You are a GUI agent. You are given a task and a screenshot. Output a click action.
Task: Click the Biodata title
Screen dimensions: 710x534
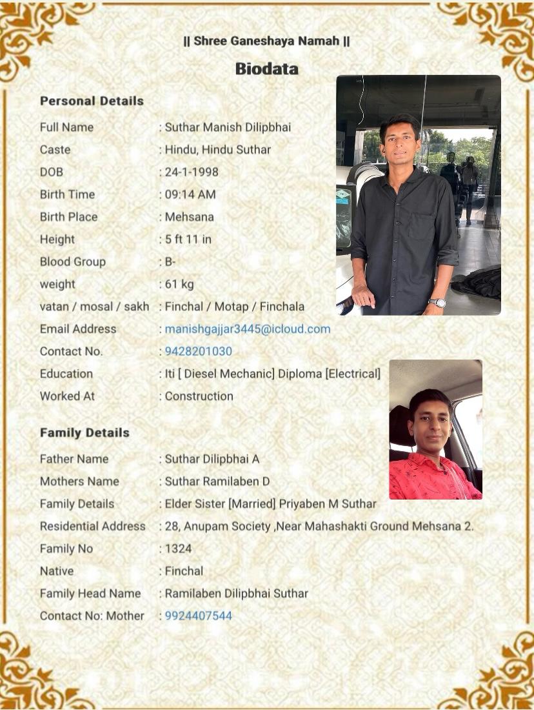[x=266, y=68]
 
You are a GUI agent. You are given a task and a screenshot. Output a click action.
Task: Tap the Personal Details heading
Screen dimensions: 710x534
[x=92, y=101]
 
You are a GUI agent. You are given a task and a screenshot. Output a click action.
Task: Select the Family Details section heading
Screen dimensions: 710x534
[x=84, y=433]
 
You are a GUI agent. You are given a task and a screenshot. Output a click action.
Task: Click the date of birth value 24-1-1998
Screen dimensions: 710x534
[x=192, y=172]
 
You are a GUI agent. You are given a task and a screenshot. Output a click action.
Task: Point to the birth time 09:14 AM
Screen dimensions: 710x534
[x=190, y=195]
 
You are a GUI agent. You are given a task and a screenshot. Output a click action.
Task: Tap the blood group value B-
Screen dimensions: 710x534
[x=170, y=262]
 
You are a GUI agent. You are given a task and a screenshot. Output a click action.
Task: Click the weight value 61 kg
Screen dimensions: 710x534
[x=179, y=284]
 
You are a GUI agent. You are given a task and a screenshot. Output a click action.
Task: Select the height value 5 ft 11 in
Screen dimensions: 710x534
[x=188, y=239]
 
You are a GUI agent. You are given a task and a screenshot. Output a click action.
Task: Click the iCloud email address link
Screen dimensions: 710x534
[x=247, y=329]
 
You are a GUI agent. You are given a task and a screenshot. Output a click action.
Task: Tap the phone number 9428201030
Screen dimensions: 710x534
[x=198, y=352]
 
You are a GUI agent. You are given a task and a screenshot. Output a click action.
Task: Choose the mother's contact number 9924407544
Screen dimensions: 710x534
[x=198, y=616]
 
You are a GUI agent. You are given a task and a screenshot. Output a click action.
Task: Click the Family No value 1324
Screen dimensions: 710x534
[x=178, y=549]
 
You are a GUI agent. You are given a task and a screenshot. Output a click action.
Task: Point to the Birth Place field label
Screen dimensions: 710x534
[x=68, y=217]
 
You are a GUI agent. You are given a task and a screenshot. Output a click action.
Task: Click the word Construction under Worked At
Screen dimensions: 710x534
[x=199, y=396]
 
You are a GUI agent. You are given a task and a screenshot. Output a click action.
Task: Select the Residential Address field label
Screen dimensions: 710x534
[x=92, y=527]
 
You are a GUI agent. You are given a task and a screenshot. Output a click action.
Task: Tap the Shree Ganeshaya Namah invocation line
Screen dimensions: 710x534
[x=266, y=41]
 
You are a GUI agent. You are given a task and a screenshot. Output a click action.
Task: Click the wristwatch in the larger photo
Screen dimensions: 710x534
[x=438, y=302]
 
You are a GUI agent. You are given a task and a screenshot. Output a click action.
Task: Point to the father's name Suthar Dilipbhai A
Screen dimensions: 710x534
[x=212, y=460]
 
